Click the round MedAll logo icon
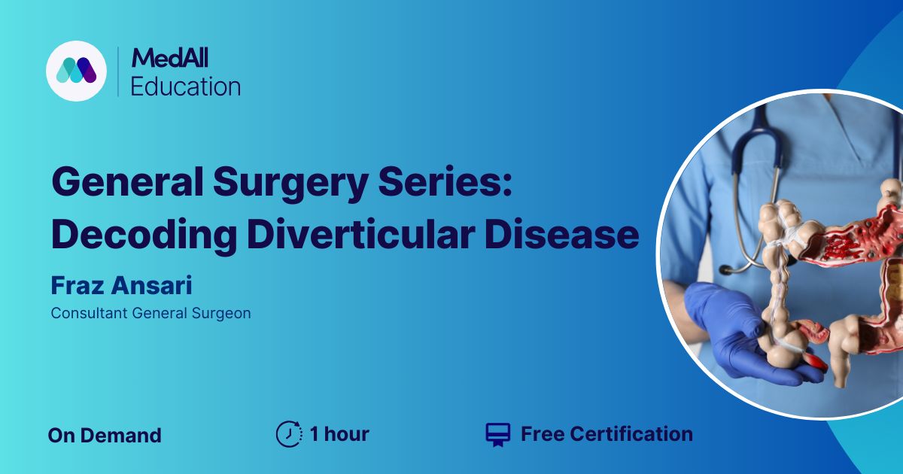76,71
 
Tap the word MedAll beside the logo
170,58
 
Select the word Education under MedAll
185,87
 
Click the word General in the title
127,182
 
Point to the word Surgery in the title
290,184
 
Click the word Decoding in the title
144,235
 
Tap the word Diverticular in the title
360,234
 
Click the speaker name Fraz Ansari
121,285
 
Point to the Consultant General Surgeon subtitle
150,313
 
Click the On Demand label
105,436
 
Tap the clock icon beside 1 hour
289,434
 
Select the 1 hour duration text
339,434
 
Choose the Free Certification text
607,434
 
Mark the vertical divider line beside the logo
117,71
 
